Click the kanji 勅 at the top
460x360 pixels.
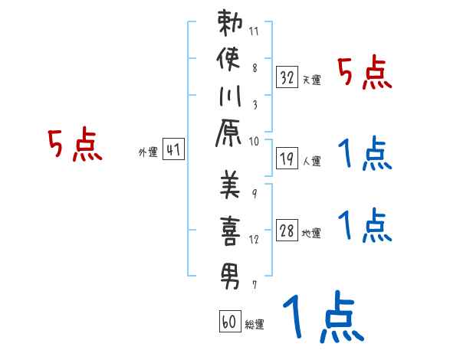(230, 24)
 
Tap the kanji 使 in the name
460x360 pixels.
(230, 61)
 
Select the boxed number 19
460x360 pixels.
(287, 158)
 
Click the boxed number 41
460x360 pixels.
(173, 149)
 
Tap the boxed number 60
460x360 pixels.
(229, 322)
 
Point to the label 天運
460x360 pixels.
(311, 80)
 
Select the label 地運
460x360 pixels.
(311, 233)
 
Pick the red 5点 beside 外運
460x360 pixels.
(75, 146)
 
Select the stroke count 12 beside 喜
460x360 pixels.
(255, 240)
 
